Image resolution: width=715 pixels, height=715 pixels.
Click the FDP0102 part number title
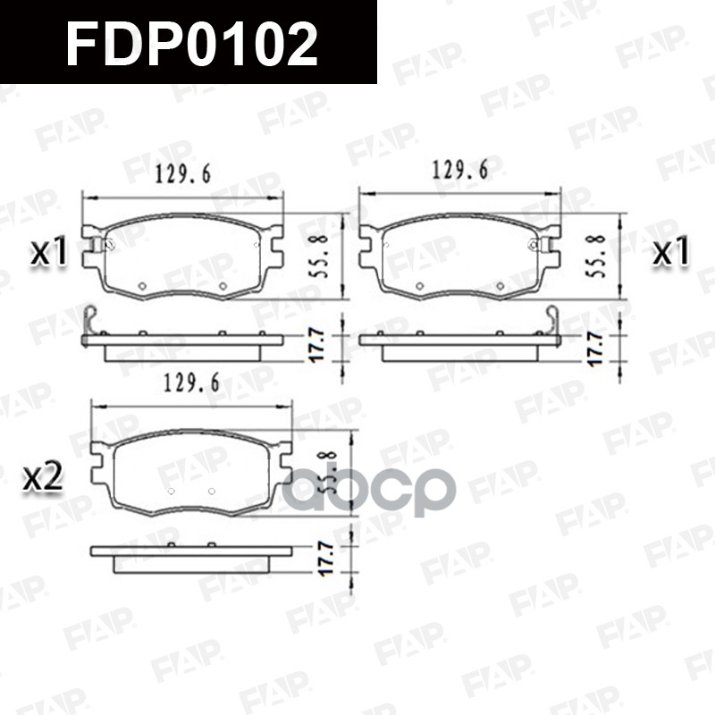[192, 43]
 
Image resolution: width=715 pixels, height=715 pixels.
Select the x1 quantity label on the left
[50, 253]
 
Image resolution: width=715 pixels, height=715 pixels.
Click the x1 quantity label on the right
[670, 253]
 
